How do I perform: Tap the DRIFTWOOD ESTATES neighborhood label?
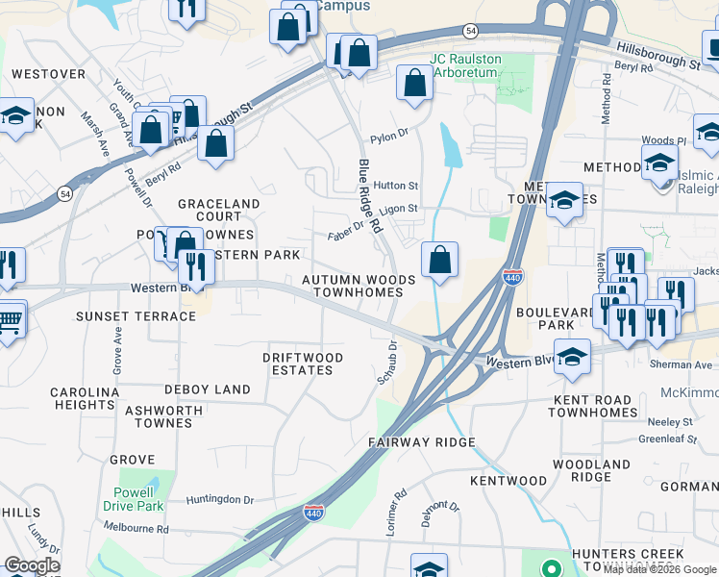click(x=303, y=364)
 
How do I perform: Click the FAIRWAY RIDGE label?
click(x=422, y=442)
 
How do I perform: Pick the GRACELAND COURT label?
click(x=218, y=211)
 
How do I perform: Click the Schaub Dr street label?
click(x=386, y=362)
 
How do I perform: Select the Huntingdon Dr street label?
click(x=220, y=500)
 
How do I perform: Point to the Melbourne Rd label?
click(x=136, y=529)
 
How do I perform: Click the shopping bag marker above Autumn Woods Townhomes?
click(x=439, y=261)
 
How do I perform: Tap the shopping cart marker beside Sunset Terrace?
click(x=10, y=319)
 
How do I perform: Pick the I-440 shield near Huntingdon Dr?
click(x=313, y=513)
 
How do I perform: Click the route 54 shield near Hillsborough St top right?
click(x=469, y=32)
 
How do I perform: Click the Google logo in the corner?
click(x=32, y=565)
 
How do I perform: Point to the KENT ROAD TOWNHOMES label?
click(x=592, y=406)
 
